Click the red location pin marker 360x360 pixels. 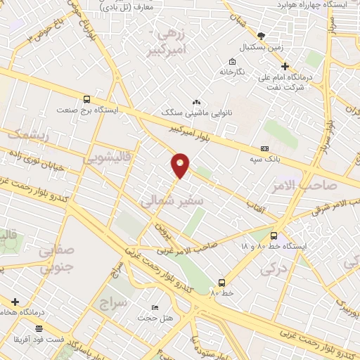180,165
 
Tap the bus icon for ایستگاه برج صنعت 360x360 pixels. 86,100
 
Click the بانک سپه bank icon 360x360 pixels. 264,148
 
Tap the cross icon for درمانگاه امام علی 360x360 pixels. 265,66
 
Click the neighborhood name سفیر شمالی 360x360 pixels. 172,202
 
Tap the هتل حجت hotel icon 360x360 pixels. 155,309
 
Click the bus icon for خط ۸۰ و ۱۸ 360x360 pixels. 274,236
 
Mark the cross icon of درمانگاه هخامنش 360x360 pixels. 14,302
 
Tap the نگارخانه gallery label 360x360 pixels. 231,72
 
